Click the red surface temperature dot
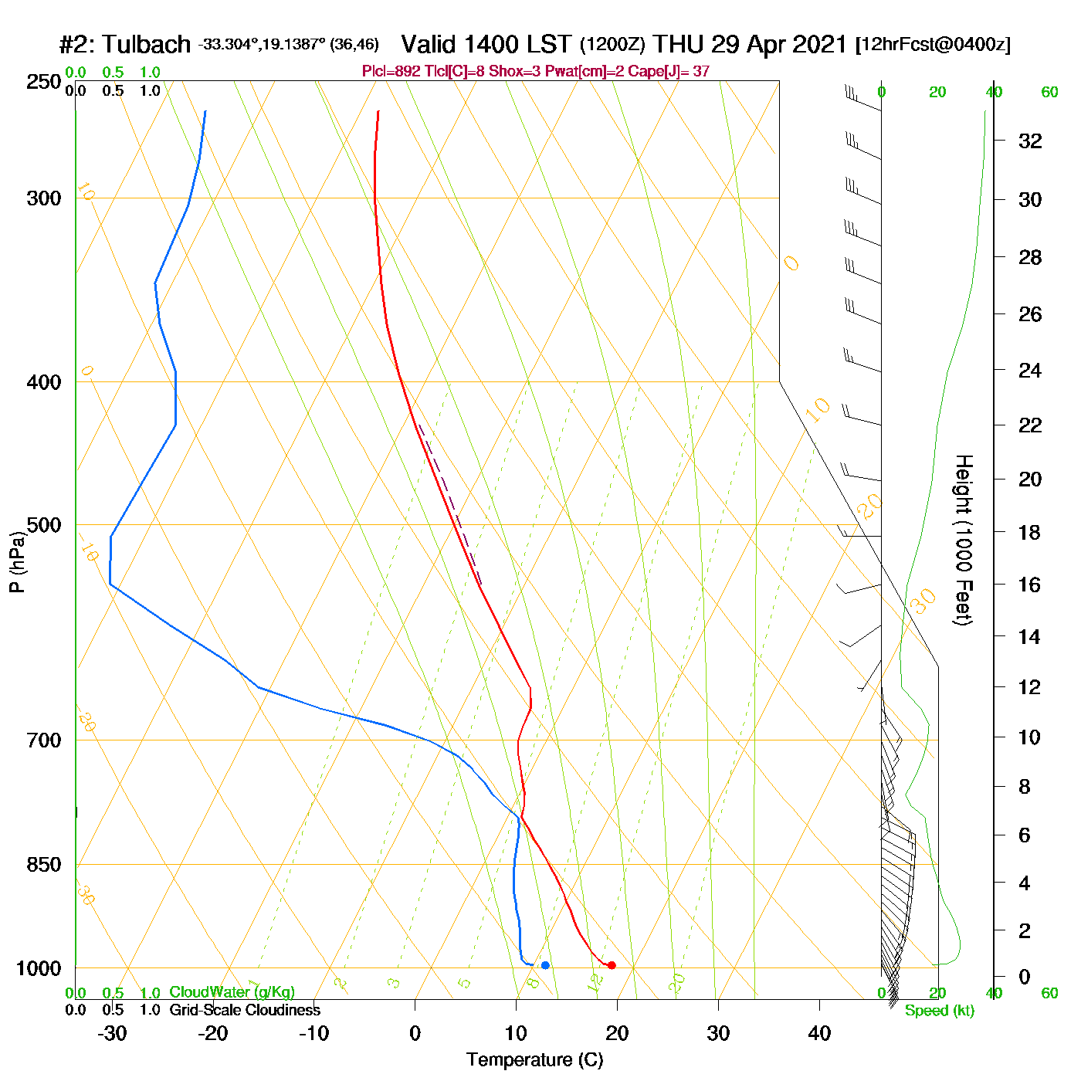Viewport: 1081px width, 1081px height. [612, 965]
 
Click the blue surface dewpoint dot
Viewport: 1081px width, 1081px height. [545, 965]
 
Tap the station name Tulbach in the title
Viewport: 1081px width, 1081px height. [146, 45]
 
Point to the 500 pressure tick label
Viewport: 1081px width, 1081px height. [44, 525]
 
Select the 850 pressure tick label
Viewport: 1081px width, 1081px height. [44, 865]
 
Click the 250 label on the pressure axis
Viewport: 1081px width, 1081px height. [44, 82]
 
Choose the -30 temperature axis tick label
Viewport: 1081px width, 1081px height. [112, 1033]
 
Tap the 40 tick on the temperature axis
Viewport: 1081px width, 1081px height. [819, 1033]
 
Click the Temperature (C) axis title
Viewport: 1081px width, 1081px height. [534, 1060]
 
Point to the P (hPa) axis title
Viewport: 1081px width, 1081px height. [17, 562]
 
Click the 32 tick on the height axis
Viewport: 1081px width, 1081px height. [1030, 141]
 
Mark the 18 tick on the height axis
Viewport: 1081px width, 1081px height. [1030, 532]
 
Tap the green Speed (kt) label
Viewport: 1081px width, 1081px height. [940, 1011]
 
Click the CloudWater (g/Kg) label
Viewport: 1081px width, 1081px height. [232, 992]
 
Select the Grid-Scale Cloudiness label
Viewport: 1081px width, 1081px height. [245, 1010]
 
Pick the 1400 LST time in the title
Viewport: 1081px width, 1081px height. [487, 45]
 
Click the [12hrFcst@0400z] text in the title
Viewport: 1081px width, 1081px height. [933, 45]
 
